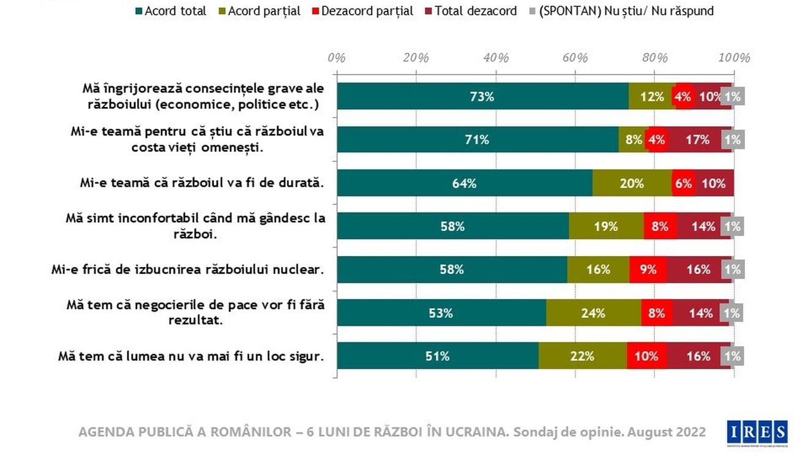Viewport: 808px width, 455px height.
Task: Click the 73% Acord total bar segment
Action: pos(482,96)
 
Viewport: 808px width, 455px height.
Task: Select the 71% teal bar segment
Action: pos(477,140)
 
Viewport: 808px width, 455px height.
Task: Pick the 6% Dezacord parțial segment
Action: pos(683,183)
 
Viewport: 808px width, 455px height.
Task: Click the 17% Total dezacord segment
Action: pos(698,140)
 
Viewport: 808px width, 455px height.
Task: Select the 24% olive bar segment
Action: pos(593,313)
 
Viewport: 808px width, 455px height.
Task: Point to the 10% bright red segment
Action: pos(646,356)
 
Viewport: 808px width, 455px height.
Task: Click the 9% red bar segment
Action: pos(648,269)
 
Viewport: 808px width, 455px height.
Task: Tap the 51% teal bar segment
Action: pos(438,356)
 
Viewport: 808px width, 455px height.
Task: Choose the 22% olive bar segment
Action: pos(582,356)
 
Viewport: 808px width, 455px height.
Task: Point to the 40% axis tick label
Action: pos(496,58)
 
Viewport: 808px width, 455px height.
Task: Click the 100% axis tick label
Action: pos(734,58)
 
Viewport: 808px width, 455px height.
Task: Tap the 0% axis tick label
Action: pos(337,58)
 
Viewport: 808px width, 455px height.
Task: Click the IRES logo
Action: pos(757,432)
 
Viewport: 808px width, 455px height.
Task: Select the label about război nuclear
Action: pos(187,269)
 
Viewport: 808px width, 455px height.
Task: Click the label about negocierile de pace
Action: pos(196,313)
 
